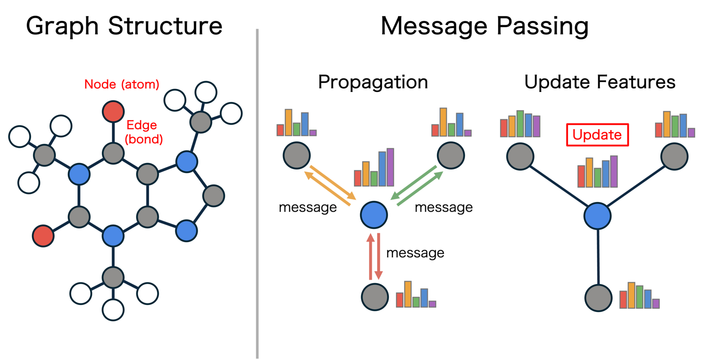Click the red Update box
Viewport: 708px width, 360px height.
pos(597,135)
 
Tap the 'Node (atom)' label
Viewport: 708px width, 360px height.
pos(122,84)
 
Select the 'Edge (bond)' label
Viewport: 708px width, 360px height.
pos(143,132)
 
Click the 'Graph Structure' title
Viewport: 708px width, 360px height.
pos(124,26)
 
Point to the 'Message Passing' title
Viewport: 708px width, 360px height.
pos(485,26)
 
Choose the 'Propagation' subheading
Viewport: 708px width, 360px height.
pos(373,82)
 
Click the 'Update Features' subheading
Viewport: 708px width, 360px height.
pos(600,82)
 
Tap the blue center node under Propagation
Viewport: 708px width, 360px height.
pos(374,215)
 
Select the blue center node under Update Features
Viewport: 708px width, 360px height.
pos(597,216)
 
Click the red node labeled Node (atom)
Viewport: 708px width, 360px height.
pos(113,112)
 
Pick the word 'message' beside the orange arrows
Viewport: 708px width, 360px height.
pos(308,207)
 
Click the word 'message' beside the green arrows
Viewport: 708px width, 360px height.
pos(443,207)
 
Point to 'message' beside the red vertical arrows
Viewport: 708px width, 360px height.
pos(415,253)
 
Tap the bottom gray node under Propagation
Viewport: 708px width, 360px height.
pos(375,297)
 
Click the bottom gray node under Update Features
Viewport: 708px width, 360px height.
pos(598,298)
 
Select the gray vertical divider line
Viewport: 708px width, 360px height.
pos(257,195)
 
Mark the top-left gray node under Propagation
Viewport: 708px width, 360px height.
pos(296,155)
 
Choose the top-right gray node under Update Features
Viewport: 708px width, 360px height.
pos(674,156)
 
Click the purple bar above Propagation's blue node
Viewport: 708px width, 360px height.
pos(390,167)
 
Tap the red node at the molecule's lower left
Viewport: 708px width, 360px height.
pos(43,236)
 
